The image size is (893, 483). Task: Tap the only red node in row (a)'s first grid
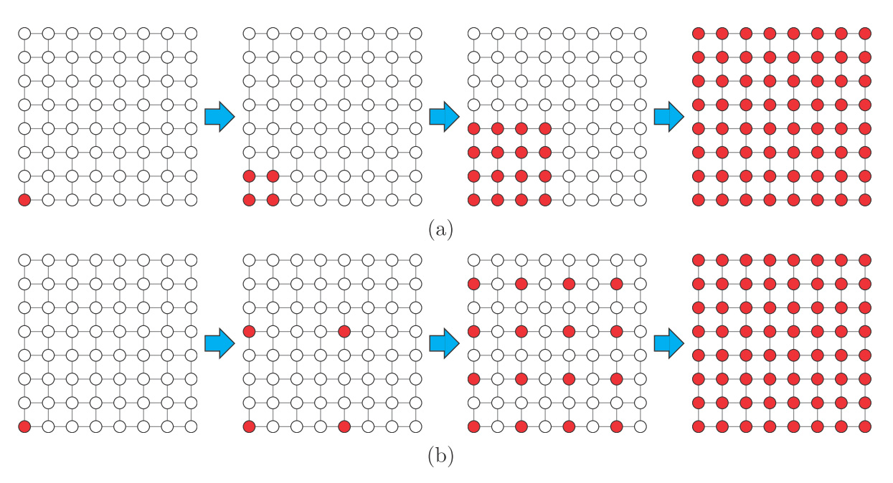point(24,200)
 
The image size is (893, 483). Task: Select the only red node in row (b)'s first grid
point(24,427)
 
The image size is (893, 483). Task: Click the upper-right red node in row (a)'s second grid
point(273,176)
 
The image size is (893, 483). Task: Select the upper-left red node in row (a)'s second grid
point(249,176)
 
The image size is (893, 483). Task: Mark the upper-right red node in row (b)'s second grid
point(344,331)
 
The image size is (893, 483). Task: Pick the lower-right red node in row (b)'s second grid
point(344,427)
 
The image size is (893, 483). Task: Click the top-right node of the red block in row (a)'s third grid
point(545,129)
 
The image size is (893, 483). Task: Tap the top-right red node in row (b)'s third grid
point(616,284)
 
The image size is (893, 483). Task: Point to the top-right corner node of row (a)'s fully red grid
point(865,33)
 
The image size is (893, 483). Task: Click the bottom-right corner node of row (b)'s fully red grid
point(865,427)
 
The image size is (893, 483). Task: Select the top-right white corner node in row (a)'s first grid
point(191,33)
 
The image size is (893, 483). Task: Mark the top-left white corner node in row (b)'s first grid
point(24,259)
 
